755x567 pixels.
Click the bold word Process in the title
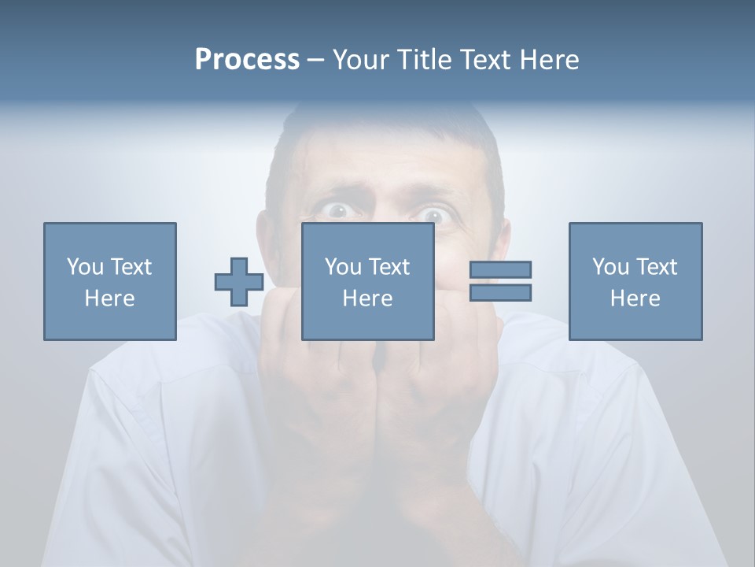point(247,60)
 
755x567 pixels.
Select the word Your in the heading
point(362,60)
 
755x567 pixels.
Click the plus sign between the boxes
point(239,282)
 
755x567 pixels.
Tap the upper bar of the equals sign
point(500,269)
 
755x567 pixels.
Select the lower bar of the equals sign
point(500,293)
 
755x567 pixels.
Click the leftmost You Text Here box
point(110,281)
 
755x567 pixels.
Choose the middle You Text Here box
point(368,281)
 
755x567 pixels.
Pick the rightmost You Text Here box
point(635,281)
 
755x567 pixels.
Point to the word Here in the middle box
point(368,298)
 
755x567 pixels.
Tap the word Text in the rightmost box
point(656,267)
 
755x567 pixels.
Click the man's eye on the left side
point(338,209)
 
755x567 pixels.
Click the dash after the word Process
point(316,60)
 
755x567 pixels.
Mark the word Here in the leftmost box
point(110,298)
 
